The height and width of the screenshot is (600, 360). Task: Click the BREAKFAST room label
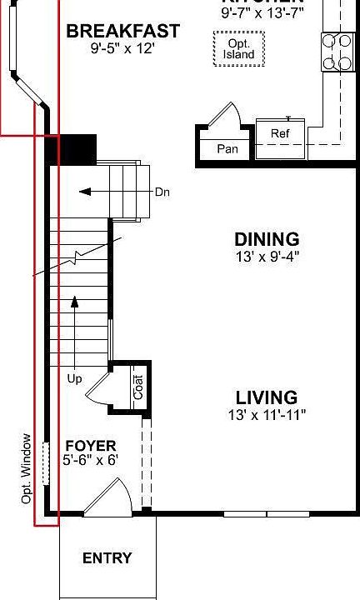coord(122,32)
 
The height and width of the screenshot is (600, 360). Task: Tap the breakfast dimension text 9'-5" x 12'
coord(122,49)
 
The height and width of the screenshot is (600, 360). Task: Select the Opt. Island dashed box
coord(239,49)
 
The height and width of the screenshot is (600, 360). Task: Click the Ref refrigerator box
coord(279,133)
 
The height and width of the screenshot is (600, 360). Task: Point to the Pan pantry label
coord(227,149)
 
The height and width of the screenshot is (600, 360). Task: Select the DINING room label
coord(266,239)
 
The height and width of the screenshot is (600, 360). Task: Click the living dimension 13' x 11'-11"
coord(267,414)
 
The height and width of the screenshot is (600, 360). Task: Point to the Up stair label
coord(74,378)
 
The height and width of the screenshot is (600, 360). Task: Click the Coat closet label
coord(138,387)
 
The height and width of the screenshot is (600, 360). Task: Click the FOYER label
coord(91,446)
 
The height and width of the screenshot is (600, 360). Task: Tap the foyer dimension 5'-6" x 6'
coord(91,460)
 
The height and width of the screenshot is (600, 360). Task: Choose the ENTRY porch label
coord(107,558)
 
